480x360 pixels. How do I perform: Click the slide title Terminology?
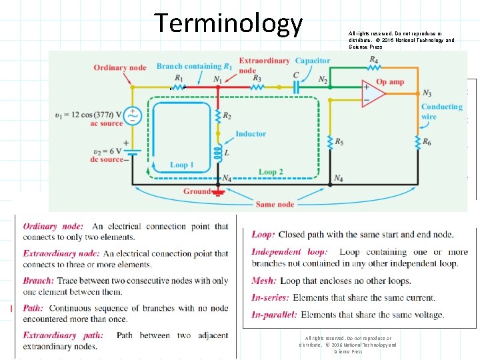point(229,23)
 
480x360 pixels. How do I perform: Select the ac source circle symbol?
point(132,117)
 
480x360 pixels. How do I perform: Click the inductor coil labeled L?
point(217,154)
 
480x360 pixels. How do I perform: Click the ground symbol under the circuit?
point(217,193)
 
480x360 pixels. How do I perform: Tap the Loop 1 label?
point(182,165)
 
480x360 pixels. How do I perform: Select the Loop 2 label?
point(271,171)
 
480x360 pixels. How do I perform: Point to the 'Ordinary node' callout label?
point(120,67)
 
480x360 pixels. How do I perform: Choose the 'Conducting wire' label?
point(441,111)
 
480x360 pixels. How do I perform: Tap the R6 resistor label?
point(427,143)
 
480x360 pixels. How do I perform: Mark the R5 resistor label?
point(340,142)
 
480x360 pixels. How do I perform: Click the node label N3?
point(427,94)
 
